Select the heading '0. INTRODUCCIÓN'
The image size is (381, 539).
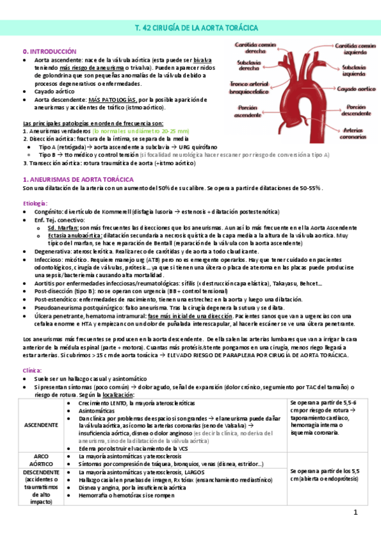point(49,51)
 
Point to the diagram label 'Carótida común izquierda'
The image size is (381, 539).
point(356,50)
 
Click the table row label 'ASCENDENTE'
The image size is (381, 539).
point(40,425)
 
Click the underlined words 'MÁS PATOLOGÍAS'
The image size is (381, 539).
point(112,100)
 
